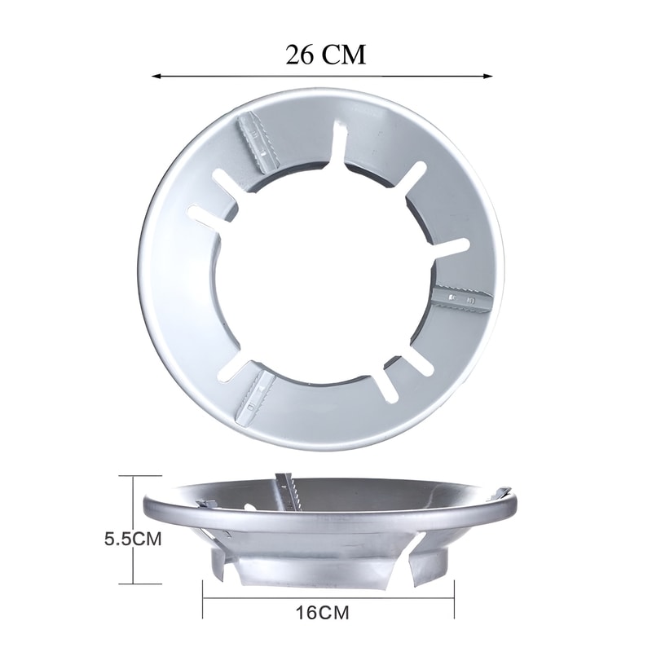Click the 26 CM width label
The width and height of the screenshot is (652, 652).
pyautogui.click(x=325, y=55)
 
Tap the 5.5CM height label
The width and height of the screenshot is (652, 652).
pyautogui.click(x=133, y=540)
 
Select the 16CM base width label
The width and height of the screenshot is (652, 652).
pyautogui.click(x=323, y=613)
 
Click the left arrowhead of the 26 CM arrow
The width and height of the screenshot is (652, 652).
pyautogui.click(x=156, y=76)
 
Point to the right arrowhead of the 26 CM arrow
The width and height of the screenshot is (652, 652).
pyautogui.click(x=487, y=76)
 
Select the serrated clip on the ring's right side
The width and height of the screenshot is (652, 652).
pyautogui.click(x=461, y=297)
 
